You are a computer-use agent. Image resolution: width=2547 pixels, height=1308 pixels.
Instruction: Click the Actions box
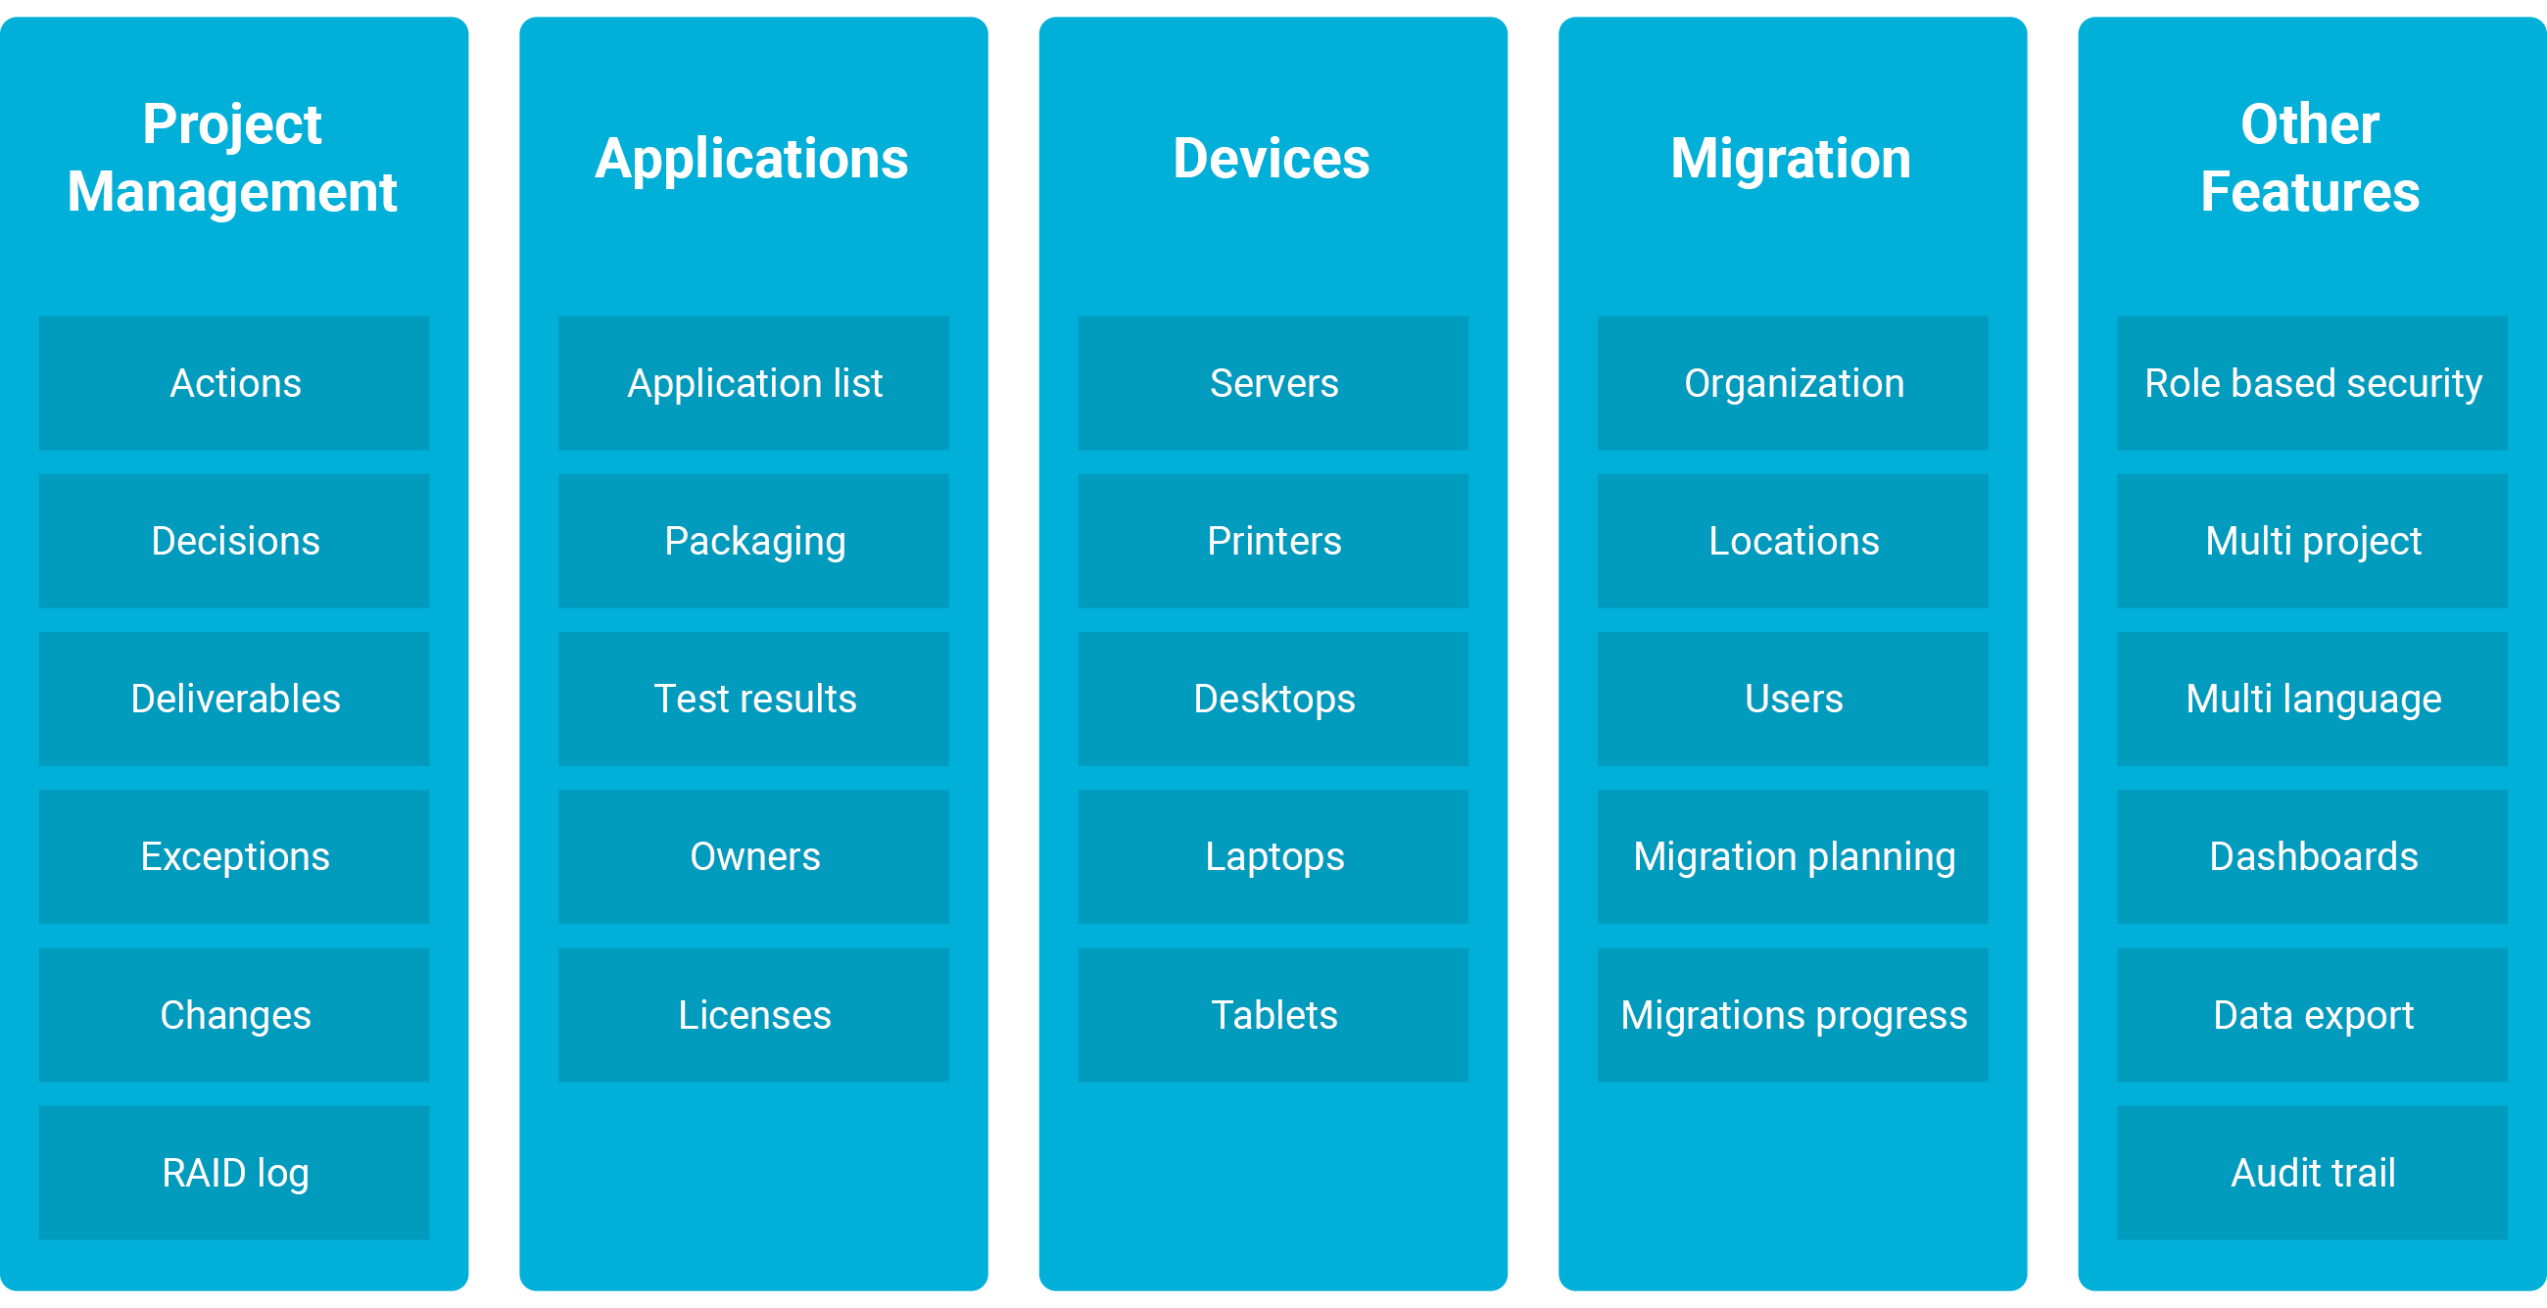pyautogui.click(x=234, y=383)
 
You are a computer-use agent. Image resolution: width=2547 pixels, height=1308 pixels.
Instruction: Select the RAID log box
pyautogui.click(x=234, y=1173)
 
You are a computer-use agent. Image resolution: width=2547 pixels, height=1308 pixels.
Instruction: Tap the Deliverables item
pyautogui.click(x=234, y=698)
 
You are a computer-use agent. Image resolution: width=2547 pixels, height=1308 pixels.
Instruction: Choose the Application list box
pyautogui.click(x=753, y=383)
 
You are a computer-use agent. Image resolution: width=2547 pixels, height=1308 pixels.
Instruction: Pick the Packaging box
pyautogui.click(x=753, y=541)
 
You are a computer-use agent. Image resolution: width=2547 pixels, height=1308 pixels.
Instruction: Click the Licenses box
pyautogui.click(x=753, y=1014)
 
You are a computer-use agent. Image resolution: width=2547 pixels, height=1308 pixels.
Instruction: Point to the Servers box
pyautogui.click(x=1273, y=383)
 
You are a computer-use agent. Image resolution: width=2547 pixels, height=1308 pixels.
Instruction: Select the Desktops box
pyautogui.click(x=1273, y=698)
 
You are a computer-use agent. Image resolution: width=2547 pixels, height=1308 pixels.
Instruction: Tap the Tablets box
pyautogui.click(x=1273, y=1014)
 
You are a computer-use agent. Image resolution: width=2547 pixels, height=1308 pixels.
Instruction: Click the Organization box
pyautogui.click(x=1793, y=383)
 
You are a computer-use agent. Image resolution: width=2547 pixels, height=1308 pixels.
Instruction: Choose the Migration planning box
pyautogui.click(x=1793, y=856)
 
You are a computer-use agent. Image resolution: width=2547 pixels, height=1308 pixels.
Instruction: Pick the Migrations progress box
pyautogui.click(x=1793, y=1014)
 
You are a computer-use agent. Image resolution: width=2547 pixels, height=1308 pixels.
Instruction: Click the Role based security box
pyautogui.click(x=2313, y=383)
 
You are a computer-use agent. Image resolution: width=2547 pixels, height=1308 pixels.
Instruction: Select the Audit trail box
pyautogui.click(x=2313, y=1173)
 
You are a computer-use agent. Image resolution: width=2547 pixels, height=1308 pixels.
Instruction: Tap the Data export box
pyautogui.click(x=2313, y=1014)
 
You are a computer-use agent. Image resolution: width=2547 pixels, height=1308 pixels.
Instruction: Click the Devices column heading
pyautogui.click(x=1272, y=158)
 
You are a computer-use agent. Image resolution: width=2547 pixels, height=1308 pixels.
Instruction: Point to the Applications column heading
pyautogui.click(x=751, y=160)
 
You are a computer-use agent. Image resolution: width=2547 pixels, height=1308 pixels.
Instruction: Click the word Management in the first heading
pyautogui.click(x=232, y=193)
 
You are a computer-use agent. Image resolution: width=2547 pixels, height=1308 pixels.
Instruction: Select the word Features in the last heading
pyautogui.click(x=2310, y=191)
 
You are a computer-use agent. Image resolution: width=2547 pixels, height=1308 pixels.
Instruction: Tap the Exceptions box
pyautogui.click(x=234, y=856)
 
